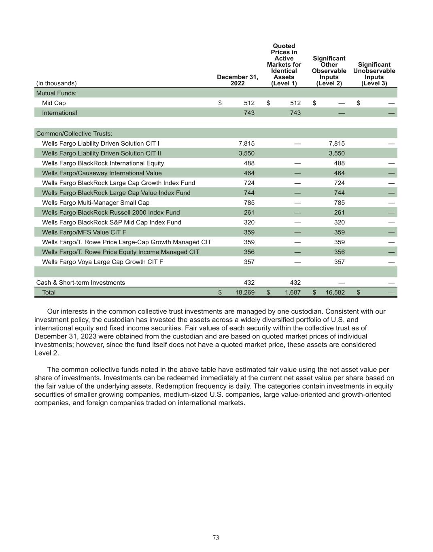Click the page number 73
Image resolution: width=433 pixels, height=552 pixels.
216,537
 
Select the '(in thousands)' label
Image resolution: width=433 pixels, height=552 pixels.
56,83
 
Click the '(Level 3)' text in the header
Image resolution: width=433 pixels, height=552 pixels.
374,83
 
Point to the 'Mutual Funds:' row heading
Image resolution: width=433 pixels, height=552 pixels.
56,93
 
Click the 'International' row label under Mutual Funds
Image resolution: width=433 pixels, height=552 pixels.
59,113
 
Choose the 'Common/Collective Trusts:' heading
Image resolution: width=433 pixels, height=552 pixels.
74,133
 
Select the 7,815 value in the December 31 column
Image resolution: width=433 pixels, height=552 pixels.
246,144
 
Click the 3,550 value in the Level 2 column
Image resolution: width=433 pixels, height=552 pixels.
337,153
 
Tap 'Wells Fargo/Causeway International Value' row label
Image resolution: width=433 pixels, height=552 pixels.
102,173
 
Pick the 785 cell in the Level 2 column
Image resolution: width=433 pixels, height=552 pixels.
339,203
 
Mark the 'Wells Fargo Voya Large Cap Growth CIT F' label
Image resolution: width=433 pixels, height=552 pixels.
102,262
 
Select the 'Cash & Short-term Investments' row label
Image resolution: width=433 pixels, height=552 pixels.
81,283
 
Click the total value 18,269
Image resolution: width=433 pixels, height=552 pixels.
245,292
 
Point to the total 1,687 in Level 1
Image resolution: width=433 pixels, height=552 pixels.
293,292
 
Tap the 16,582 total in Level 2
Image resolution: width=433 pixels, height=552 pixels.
335,292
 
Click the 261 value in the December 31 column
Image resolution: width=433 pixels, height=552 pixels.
249,213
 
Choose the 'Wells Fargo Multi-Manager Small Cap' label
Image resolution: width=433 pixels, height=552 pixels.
96,203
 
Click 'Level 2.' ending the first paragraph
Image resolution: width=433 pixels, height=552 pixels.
47,353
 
